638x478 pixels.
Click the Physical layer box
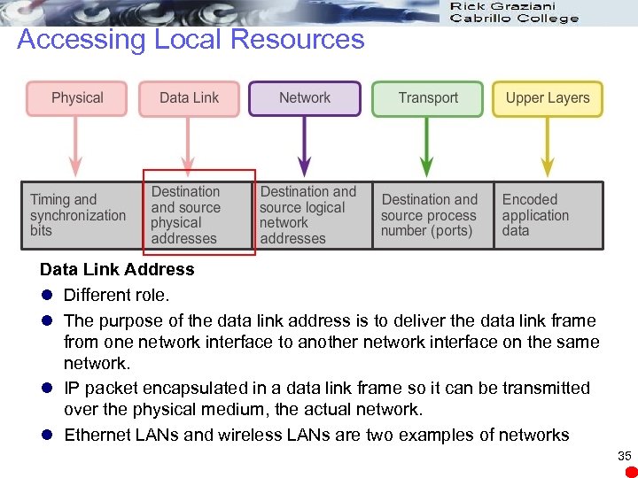pos(77,98)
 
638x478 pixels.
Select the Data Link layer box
pos(189,98)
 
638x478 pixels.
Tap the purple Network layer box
pos(305,98)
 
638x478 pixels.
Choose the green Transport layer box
pos(428,98)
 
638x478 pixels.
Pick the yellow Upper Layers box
pos(548,98)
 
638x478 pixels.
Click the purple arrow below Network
pos(305,146)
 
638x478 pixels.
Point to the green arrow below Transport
pos(427,146)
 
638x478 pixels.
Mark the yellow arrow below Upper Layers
pos(548,146)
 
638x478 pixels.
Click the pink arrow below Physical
pos(76,146)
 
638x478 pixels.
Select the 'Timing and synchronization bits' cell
pos(78,215)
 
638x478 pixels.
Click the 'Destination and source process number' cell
pos(429,215)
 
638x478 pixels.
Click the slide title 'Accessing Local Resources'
pos(191,39)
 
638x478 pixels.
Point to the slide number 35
pos(625,456)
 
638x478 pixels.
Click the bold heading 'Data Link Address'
pos(117,269)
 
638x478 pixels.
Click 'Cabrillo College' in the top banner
pos(514,18)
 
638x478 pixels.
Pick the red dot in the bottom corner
pos(631,471)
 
